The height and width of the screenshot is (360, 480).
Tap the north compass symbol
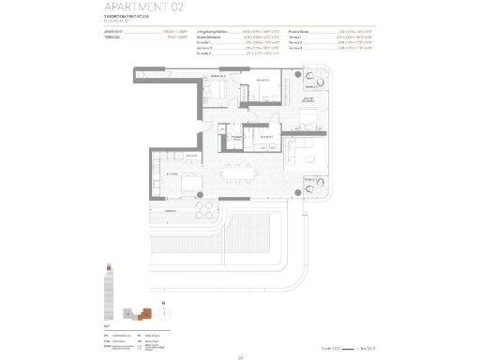(164, 304)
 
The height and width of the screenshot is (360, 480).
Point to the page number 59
(240, 354)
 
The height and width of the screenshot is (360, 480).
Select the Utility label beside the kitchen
(190, 156)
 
